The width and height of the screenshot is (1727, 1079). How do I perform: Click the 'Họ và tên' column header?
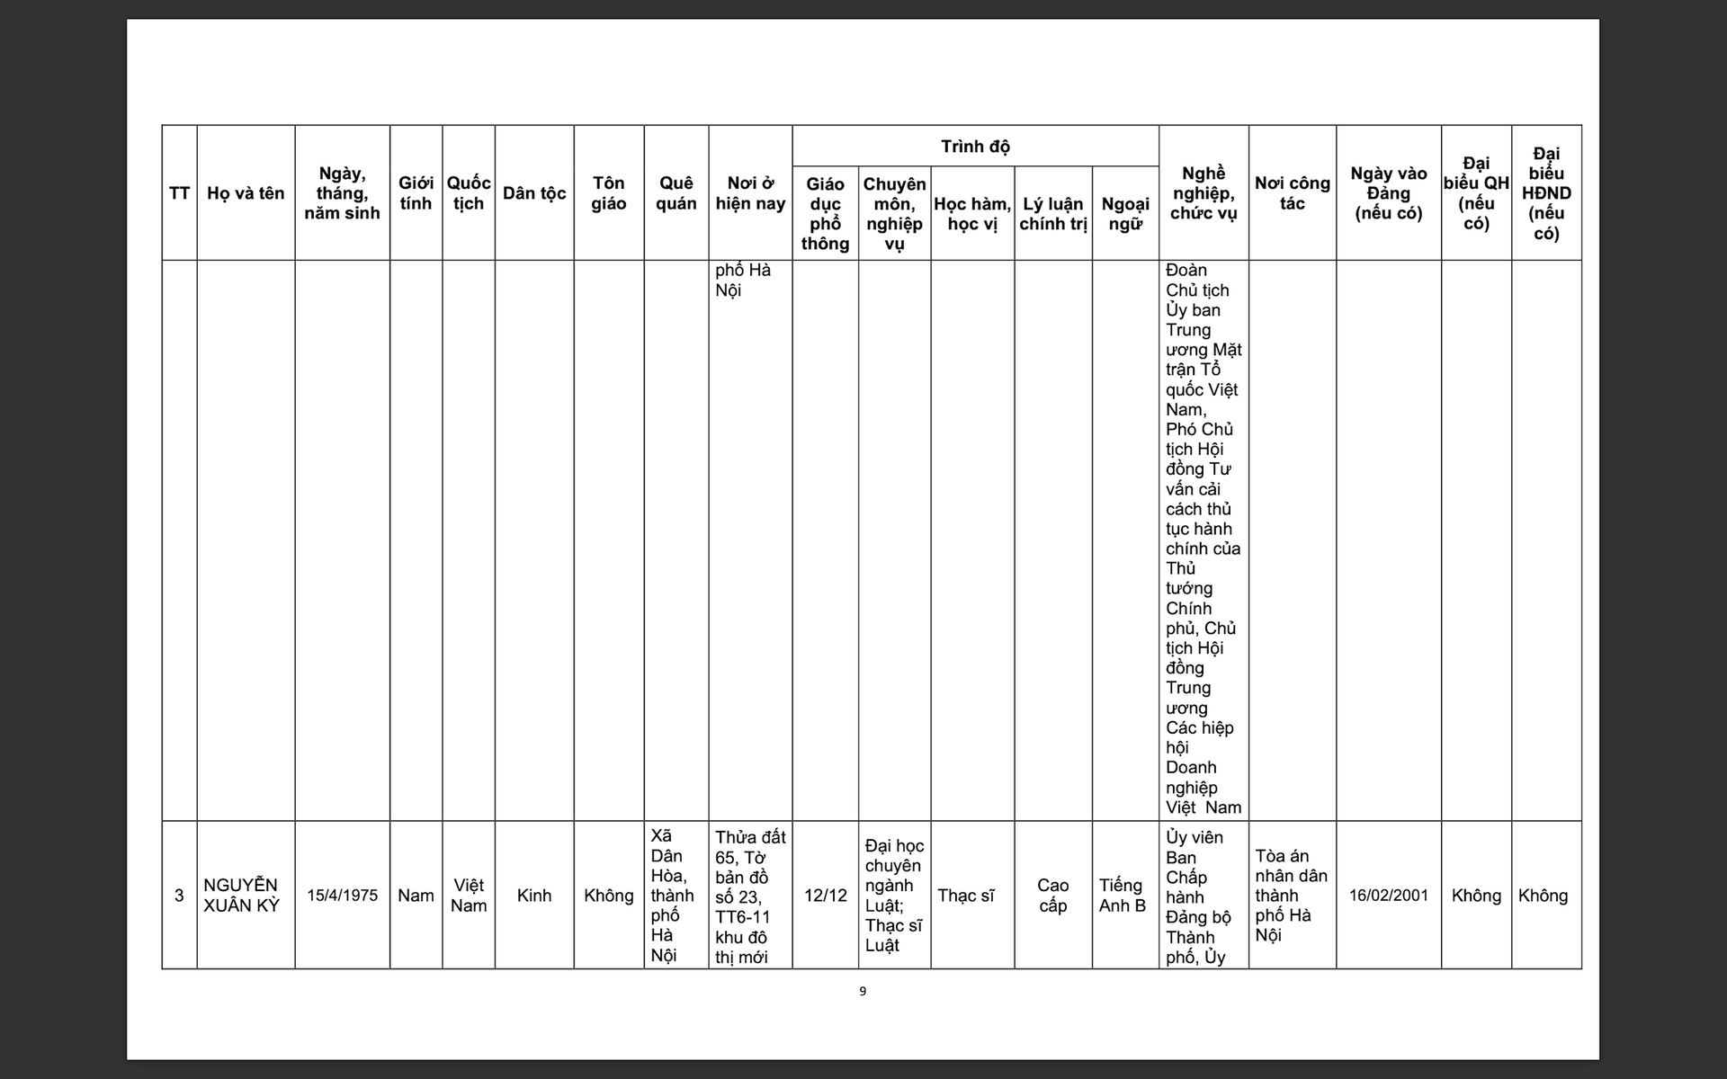point(246,193)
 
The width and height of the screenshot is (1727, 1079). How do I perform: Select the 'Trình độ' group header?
point(975,147)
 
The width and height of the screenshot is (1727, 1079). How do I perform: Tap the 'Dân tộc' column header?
point(534,193)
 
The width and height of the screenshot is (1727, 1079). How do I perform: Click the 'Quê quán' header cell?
point(676,193)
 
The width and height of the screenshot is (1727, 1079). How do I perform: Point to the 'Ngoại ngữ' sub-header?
point(1125,214)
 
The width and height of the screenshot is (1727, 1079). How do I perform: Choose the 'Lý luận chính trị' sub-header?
point(1053,214)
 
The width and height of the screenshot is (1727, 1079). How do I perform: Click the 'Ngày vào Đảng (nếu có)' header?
point(1388,193)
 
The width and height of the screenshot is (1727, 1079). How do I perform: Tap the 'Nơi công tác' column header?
point(1292,193)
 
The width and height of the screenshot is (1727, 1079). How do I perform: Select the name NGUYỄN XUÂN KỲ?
point(241,896)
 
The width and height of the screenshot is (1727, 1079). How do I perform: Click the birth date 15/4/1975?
point(342,896)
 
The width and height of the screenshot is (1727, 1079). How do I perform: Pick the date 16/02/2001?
point(1388,896)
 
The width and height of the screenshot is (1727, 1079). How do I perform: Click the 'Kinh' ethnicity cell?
point(534,896)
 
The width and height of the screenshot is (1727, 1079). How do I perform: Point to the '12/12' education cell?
point(825,896)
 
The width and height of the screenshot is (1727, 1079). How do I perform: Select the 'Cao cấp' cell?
point(1052,896)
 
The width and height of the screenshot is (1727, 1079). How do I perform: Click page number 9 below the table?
point(863,992)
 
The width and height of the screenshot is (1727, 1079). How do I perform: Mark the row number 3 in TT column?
point(179,896)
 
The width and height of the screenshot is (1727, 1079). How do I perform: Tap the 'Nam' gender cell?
point(416,896)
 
